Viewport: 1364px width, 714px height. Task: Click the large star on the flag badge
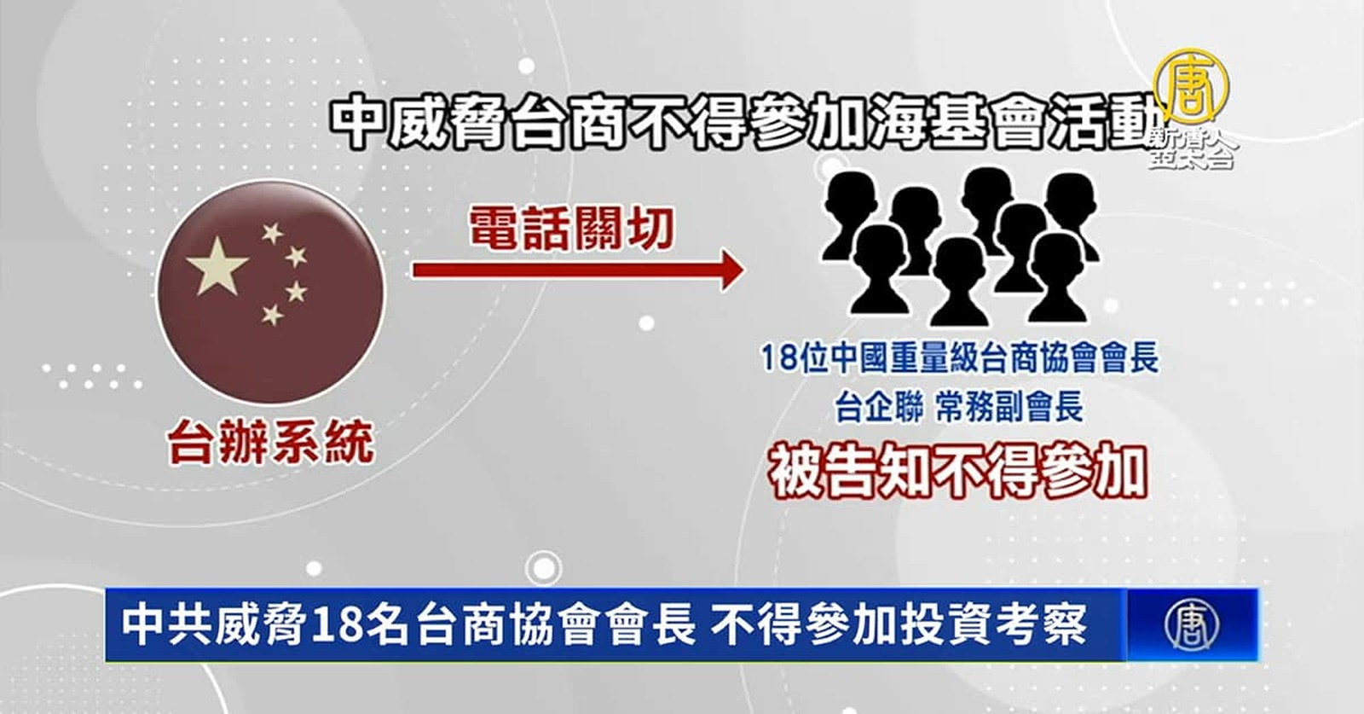[217, 265]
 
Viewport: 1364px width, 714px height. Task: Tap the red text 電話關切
[572, 229]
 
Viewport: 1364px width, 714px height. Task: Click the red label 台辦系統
[270, 443]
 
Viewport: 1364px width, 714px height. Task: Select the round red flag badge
[271, 293]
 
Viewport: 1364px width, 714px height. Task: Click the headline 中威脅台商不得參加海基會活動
[747, 123]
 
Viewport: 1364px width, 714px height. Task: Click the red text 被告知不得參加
[958, 472]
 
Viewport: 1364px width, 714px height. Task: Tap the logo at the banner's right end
[1192, 624]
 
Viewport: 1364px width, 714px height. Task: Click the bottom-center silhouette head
[960, 282]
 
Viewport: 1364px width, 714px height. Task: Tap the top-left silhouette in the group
[850, 213]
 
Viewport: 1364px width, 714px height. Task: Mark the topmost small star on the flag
[272, 233]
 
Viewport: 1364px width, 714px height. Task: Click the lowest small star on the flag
[272, 315]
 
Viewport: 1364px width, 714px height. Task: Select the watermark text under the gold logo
[1193, 149]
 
